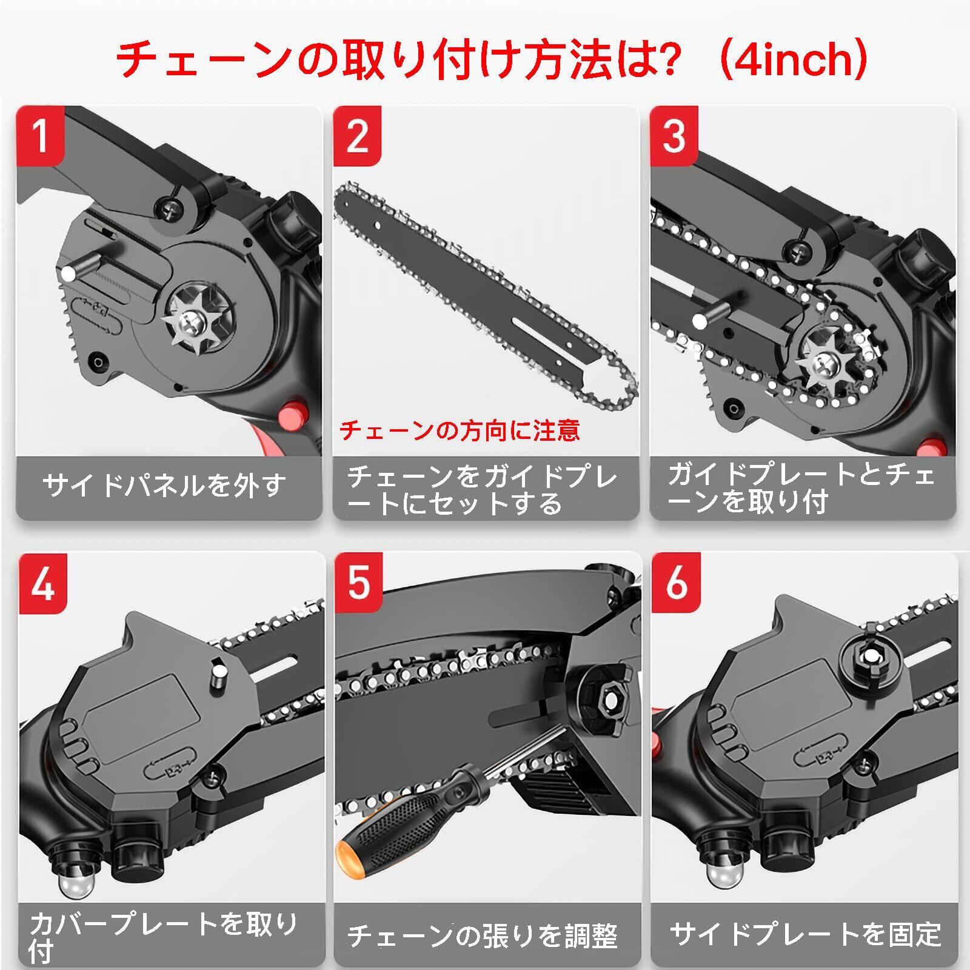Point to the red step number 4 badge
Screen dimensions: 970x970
click(x=42, y=583)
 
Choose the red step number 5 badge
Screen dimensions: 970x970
click(x=359, y=583)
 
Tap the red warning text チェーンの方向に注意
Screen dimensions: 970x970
click(x=460, y=430)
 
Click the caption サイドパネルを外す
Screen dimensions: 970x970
click(x=165, y=486)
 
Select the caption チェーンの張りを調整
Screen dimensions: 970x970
click(x=483, y=935)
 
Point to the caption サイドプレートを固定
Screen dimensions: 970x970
click(x=805, y=934)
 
